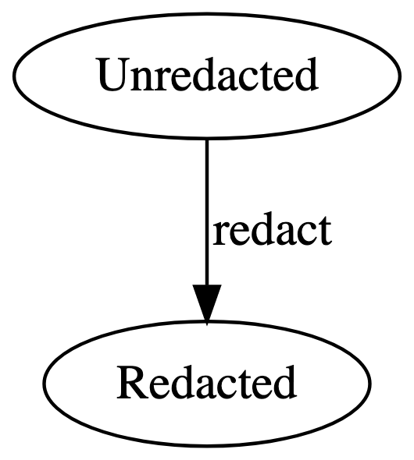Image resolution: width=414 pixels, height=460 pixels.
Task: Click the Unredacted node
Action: pos(207,76)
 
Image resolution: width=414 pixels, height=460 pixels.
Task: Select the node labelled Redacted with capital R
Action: pos(207,384)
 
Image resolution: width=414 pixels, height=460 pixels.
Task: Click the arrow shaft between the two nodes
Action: pos(207,211)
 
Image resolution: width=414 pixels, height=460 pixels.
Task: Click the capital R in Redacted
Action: pos(134,383)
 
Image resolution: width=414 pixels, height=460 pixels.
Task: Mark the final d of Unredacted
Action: pos(306,75)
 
